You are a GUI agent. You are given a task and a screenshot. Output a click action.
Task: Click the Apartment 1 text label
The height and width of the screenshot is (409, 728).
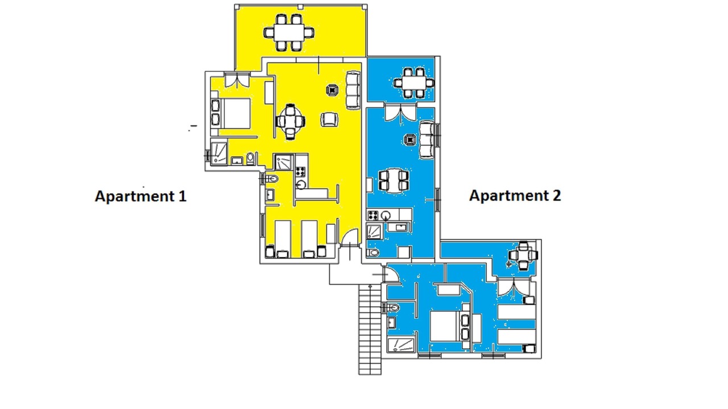[x=140, y=196]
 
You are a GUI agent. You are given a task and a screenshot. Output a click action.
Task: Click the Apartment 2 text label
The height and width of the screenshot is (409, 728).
[x=515, y=195]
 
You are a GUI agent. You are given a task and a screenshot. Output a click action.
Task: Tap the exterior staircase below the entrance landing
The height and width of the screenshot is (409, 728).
[x=370, y=329]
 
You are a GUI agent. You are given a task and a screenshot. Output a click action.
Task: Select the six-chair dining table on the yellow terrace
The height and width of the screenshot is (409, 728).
[x=289, y=32]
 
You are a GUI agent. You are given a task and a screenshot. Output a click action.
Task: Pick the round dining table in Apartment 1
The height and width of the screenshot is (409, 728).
[x=290, y=122]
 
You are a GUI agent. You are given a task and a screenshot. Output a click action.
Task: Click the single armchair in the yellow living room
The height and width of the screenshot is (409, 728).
[x=329, y=119]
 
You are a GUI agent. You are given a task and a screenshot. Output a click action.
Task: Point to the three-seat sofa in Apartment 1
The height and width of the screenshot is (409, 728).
[x=353, y=90]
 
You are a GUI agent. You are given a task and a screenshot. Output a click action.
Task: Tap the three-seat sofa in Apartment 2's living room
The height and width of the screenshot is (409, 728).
[x=427, y=140]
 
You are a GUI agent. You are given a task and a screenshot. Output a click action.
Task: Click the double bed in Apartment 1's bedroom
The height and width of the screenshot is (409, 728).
[x=231, y=114]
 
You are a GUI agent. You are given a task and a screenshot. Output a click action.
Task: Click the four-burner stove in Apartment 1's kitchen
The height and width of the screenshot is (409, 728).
[x=301, y=172]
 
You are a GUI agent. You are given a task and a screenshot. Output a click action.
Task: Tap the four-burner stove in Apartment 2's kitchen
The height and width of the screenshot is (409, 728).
[x=373, y=215]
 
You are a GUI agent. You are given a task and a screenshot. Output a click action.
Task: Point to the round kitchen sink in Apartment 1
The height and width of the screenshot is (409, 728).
[x=301, y=185]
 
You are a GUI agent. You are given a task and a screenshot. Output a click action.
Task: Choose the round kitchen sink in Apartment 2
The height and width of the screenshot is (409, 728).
[x=386, y=215]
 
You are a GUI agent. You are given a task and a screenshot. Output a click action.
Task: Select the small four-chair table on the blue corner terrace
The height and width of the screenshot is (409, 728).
[x=523, y=256]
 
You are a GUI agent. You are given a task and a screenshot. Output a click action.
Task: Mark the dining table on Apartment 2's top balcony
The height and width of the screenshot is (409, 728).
[x=414, y=83]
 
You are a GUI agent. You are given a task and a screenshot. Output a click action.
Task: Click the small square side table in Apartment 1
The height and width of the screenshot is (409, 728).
[x=332, y=90]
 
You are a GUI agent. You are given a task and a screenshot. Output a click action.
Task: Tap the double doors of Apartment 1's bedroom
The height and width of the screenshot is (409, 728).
[x=237, y=80]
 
